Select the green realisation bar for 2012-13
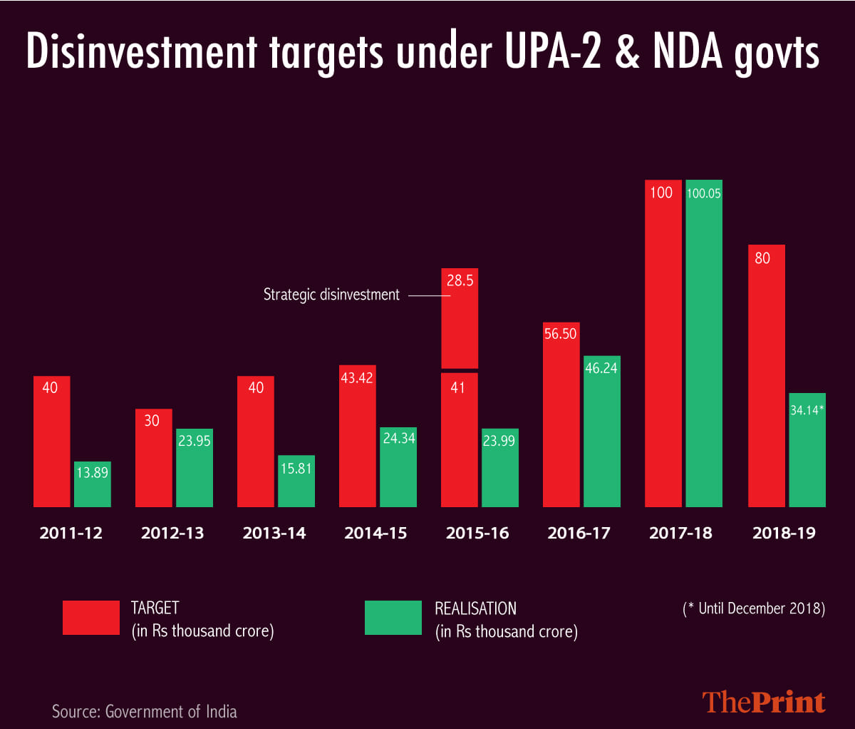click(195, 467)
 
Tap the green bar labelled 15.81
click(296, 481)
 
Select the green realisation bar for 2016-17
click(601, 431)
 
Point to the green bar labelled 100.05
click(704, 342)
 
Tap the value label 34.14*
click(807, 410)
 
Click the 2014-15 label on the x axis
click(375, 533)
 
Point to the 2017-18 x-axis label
click(680, 533)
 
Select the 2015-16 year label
click(477, 533)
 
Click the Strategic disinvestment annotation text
click(331, 295)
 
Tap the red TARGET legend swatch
click(91, 618)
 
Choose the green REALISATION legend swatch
click(393, 618)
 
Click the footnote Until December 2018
click(754, 608)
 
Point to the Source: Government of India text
click(145, 711)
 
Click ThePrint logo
click(764, 702)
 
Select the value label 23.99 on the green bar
click(499, 441)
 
